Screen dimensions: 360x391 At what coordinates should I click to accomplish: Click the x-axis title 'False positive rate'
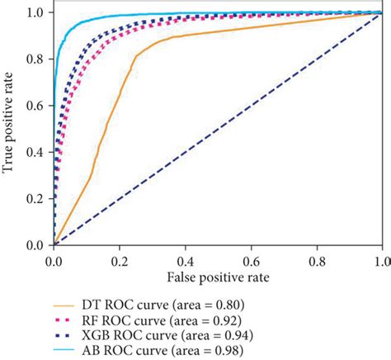(x=218, y=270)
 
